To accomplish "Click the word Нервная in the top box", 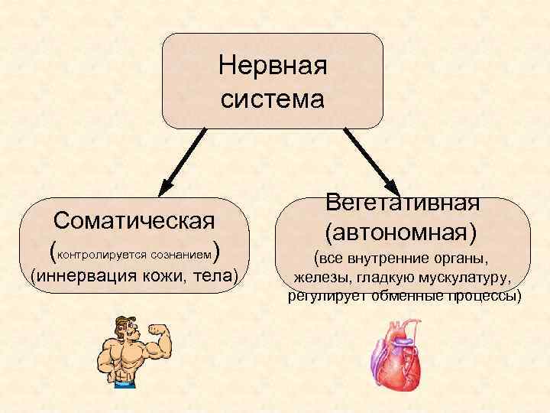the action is [x=273, y=66].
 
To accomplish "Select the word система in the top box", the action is [x=273, y=99].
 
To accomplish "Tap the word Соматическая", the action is [x=133, y=221].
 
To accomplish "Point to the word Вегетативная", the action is [x=403, y=202].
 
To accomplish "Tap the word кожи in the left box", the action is [x=167, y=275].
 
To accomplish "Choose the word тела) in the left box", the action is [x=217, y=275].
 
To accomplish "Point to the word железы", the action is [x=322, y=277].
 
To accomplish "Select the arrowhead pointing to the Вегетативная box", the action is [x=393, y=188].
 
